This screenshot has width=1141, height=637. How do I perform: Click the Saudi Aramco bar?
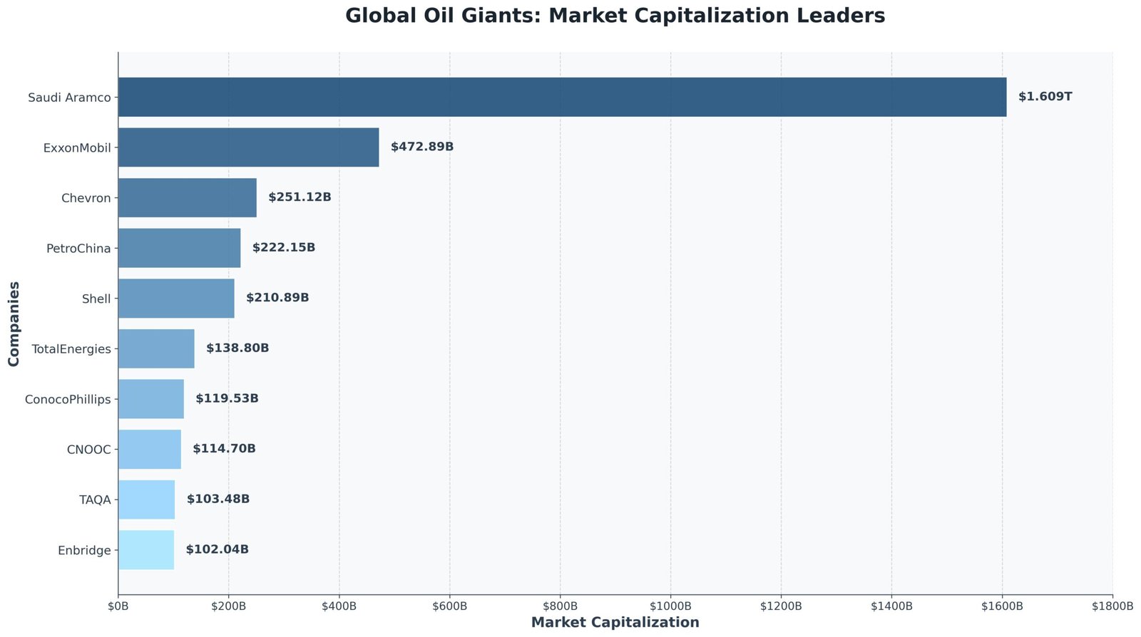coord(562,97)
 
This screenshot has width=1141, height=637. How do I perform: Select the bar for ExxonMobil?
coord(248,147)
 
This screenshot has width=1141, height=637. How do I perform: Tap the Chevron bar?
coord(187,197)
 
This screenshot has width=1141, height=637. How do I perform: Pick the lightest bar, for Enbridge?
coord(146,549)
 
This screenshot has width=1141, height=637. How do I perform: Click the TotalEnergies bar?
coord(156,348)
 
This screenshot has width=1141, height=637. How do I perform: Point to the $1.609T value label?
coord(1045,96)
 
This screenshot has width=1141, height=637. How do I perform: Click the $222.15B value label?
coord(283,248)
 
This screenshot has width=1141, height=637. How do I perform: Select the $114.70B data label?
coord(224,449)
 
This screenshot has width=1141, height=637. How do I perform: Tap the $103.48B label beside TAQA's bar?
coord(218,499)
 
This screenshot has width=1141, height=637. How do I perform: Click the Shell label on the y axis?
coord(96,299)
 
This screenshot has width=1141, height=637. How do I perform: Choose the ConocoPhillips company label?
coord(68,399)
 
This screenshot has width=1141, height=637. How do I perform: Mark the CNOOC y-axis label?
coord(88,450)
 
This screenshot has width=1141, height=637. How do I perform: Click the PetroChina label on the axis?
coord(78,249)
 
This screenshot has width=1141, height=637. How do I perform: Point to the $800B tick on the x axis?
coord(560,606)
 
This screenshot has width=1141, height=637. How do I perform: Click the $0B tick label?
coord(118,606)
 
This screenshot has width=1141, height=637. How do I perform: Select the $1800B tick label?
coord(1112,606)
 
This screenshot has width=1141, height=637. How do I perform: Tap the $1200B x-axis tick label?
coord(781,606)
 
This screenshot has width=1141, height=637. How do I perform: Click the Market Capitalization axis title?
coord(615,623)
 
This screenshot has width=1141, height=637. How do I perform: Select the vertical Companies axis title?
coord(14,323)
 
